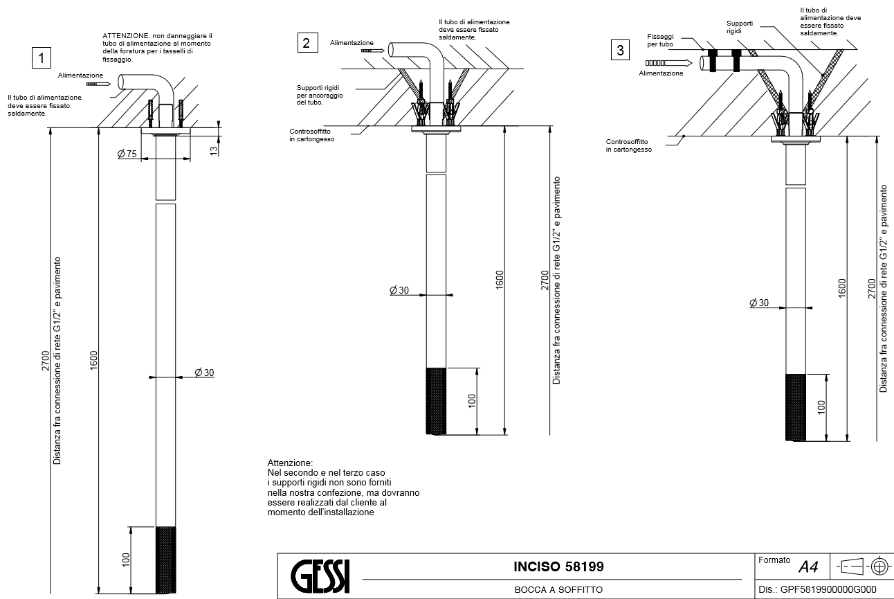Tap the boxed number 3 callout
[621, 49]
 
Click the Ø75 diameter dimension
[127, 154]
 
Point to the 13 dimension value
[214, 148]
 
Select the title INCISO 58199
[558, 566]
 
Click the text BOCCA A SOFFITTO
[558, 589]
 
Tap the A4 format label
[808, 567]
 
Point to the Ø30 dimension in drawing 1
[204, 373]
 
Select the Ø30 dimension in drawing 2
[399, 289]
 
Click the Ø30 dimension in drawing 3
[759, 303]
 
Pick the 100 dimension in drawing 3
[821, 407]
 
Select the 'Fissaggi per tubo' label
[660, 39]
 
